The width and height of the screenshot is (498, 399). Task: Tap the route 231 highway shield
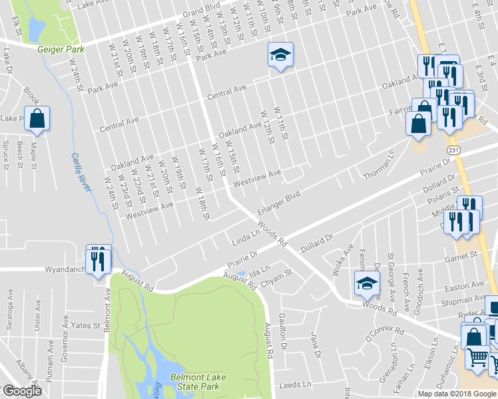pyautogui.click(x=453, y=151)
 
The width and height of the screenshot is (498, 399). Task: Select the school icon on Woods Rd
pyautogui.click(x=367, y=284)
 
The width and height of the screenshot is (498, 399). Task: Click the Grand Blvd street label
pyautogui.click(x=202, y=14)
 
